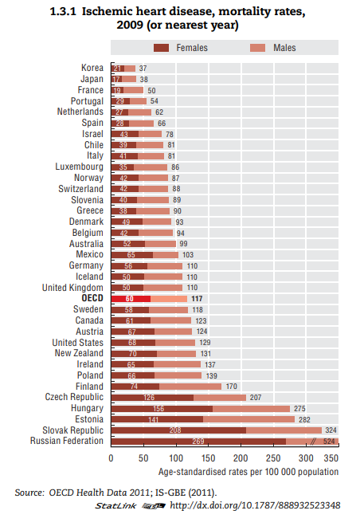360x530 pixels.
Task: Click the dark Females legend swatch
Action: tap(161, 48)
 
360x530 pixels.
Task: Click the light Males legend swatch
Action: tap(258, 48)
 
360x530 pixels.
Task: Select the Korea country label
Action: tap(92, 68)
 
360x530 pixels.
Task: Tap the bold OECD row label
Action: tap(92, 298)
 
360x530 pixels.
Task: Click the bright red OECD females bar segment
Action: tap(131, 299)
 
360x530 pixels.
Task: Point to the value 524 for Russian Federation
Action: tap(329, 441)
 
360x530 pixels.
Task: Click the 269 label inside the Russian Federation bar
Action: tap(198, 442)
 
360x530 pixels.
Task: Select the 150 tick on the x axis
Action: tap(209, 458)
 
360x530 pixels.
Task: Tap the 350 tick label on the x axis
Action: tap(331, 458)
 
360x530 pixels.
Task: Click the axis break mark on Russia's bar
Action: tap(313, 441)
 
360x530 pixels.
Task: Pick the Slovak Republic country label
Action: tap(73, 430)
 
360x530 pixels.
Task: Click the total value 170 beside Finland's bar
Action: tap(231, 386)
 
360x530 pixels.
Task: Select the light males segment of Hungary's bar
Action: tap(251, 409)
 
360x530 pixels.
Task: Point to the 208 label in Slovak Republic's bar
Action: tap(175, 430)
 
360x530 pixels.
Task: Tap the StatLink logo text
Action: tap(115, 505)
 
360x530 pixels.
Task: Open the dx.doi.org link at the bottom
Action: tap(255, 505)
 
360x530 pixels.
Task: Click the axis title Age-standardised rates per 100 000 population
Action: tap(248, 472)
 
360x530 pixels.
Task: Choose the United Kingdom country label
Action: tap(72, 288)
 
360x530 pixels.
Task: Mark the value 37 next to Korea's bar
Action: tap(143, 69)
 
